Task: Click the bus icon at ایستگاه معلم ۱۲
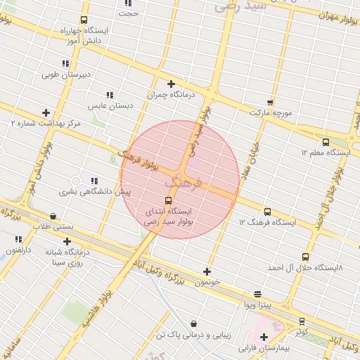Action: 325,142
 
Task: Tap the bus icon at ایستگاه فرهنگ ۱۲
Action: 267,212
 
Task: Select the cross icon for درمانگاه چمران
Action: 171,84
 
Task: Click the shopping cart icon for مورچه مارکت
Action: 270,103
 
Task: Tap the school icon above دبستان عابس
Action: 110,95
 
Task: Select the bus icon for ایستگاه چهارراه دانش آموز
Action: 84,20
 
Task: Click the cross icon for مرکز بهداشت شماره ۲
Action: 46,112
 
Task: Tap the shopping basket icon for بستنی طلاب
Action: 53,217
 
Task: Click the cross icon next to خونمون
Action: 207,271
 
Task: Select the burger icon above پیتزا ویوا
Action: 257,294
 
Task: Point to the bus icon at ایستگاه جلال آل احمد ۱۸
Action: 304,257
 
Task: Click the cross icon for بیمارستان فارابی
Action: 264,337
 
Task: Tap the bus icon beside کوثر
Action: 302,321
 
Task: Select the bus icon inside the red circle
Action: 167,200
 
